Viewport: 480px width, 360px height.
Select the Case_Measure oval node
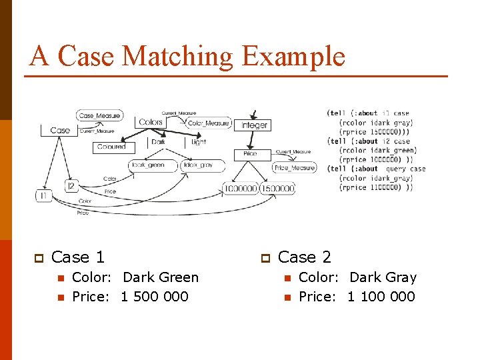tap(99, 115)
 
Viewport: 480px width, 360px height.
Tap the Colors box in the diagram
tap(151, 122)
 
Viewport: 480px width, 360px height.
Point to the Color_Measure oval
tap(208, 123)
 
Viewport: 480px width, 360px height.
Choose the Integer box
tap(254, 125)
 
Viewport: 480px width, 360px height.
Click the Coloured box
tap(111, 147)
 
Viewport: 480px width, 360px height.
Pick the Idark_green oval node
tap(147, 165)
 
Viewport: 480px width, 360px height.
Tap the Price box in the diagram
tap(250, 154)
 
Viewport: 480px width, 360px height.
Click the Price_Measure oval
tap(294, 168)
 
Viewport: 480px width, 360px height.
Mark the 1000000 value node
tap(240, 189)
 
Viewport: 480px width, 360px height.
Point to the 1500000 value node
tap(277, 189)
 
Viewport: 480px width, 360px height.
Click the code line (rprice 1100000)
tap(375, 187)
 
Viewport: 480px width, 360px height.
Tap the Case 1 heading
tap(77, 257)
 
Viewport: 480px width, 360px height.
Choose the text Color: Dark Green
tap(135, 277)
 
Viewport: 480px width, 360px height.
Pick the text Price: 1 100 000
tap(357, 297)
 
